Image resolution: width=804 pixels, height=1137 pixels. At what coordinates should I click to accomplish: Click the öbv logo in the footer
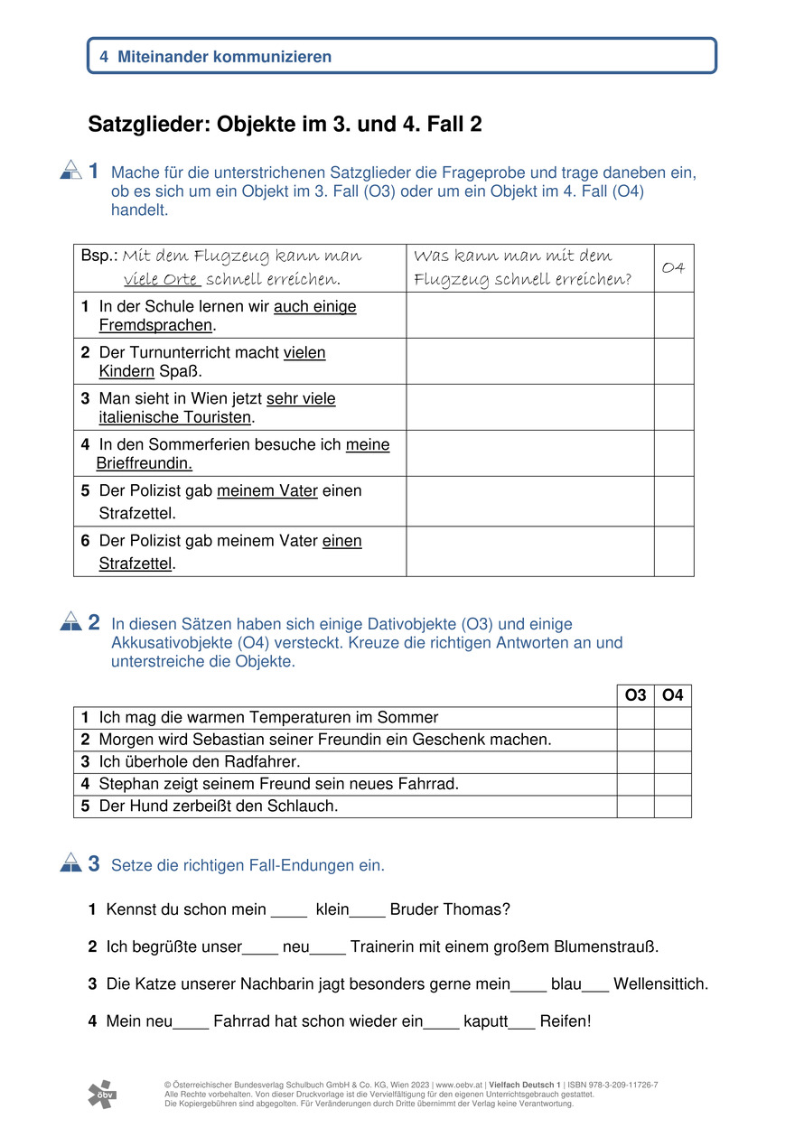[x=101, y=1094]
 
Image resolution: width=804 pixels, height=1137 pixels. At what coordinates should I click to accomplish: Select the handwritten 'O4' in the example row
[x=674, y=267]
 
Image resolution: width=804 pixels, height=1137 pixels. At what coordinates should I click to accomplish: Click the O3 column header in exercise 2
[x=635, y=695]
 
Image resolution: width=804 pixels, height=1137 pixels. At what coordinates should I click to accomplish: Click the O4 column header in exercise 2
[x=672, y=695]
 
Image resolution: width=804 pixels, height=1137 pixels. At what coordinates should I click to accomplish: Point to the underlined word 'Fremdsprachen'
[x=156, y=325]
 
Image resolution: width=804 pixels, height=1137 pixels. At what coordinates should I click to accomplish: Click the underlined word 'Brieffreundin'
[x=144, y=463]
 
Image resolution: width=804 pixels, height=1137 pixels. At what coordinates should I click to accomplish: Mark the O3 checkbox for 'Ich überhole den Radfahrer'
[x=635, y=762]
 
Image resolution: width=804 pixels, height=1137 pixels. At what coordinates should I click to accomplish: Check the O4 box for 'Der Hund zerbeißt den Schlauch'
[x=672, y=806]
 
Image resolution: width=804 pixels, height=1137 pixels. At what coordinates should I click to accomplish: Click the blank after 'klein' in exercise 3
[x=368, y=910]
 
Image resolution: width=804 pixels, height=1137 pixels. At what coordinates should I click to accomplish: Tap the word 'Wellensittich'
[x=660, y=983]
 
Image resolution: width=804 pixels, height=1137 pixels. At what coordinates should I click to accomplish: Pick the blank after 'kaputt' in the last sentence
[x=522, y=1021]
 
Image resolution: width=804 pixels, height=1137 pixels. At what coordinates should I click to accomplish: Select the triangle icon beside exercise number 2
[x=70, y=621]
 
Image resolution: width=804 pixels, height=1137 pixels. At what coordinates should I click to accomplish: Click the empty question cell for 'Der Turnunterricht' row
[x=529, y=361]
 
